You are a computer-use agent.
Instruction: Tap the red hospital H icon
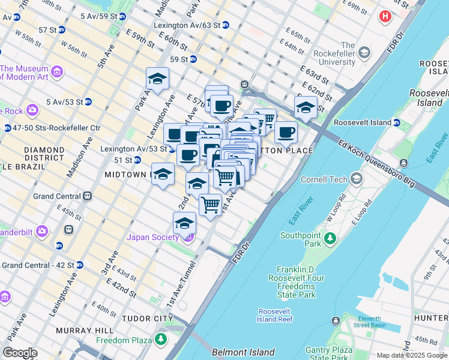[x=385, y=16]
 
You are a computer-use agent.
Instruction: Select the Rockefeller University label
[x=348, y=53]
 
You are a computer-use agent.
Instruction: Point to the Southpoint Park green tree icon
[x=330, y=239]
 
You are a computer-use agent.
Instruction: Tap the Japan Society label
[x=154, y=237]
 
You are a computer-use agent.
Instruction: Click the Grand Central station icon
[x=87, y=196]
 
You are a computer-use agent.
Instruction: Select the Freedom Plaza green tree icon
[x=160, y=340]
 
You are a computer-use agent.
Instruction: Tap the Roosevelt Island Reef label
[x=276, y=315]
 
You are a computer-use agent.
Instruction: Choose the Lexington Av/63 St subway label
[x=187, y=25]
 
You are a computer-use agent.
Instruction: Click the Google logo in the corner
[x=20, y=353]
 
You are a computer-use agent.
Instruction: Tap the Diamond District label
[x=44, y=154]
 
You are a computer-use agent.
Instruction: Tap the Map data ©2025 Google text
[x=412, y=355]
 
